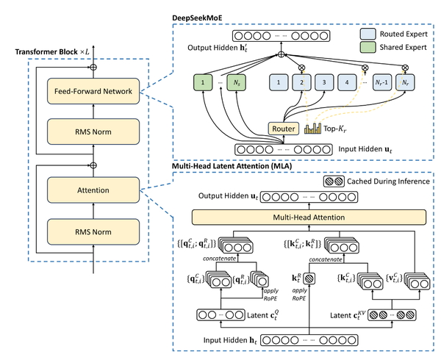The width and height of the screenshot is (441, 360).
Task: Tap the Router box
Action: (x=283, y=129)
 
